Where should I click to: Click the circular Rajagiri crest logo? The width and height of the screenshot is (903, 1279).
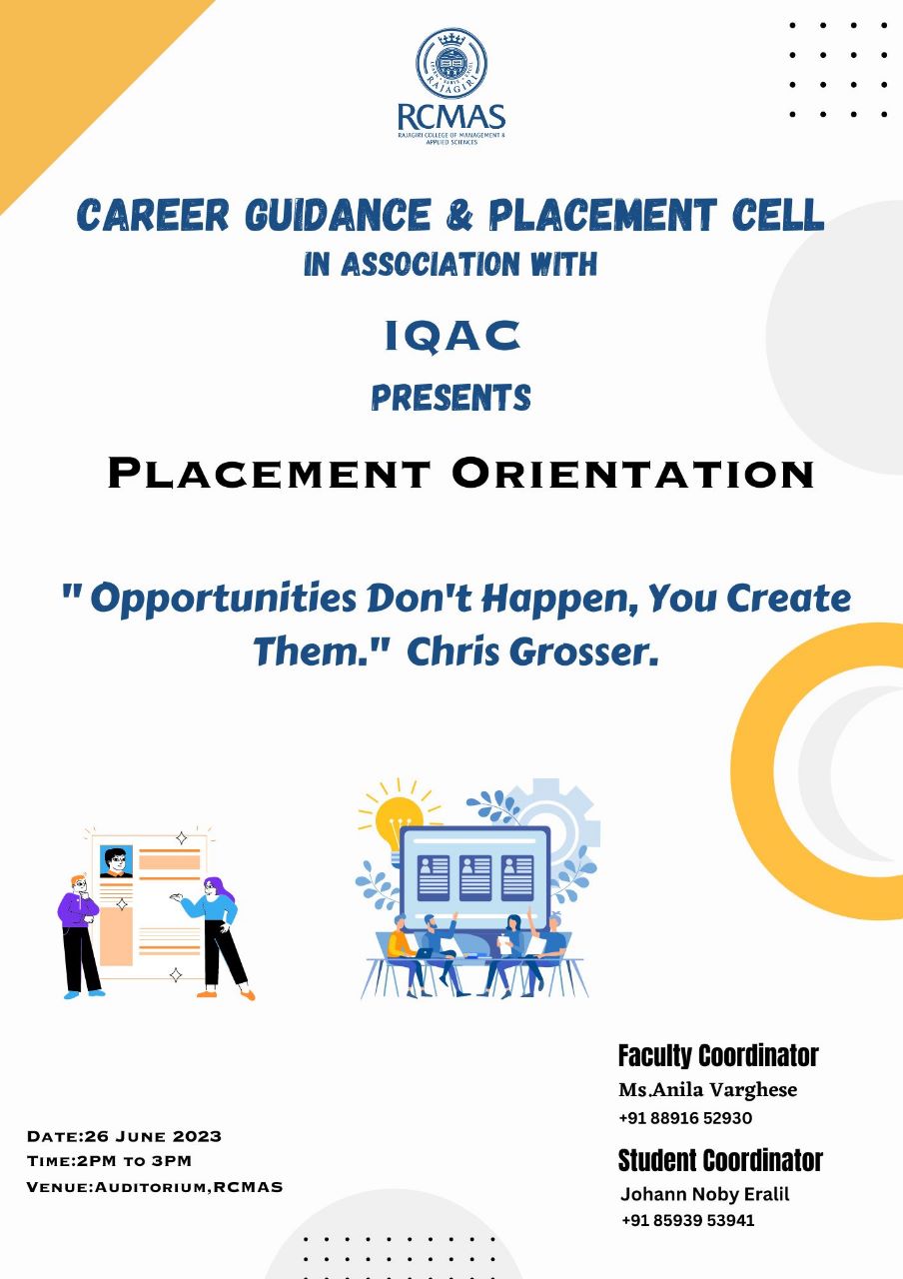click(451, 63)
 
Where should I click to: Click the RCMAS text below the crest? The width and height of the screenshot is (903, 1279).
click(451, 117)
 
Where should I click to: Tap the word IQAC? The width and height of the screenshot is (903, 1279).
click(452, 336)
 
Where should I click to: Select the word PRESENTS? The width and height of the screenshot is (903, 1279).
click(451, 398)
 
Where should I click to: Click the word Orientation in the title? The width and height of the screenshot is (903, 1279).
click(633, 473)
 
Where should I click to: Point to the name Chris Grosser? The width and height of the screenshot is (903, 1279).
click(532, 651)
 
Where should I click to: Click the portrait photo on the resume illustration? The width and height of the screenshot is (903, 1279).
click(116, 861)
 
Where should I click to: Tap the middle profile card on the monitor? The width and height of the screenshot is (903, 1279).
click(474, 878)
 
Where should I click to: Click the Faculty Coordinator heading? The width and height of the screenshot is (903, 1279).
click(718, 1056)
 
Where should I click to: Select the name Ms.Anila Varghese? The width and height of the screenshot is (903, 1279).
click(708, 1090)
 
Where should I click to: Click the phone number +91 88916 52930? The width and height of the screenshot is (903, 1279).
click(685, 1118)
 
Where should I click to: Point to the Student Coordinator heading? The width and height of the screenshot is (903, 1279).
click(720, 1161)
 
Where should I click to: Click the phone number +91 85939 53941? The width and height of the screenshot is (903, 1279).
click(688, 1220)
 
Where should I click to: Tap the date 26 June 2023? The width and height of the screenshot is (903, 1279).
click(153, 1136)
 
